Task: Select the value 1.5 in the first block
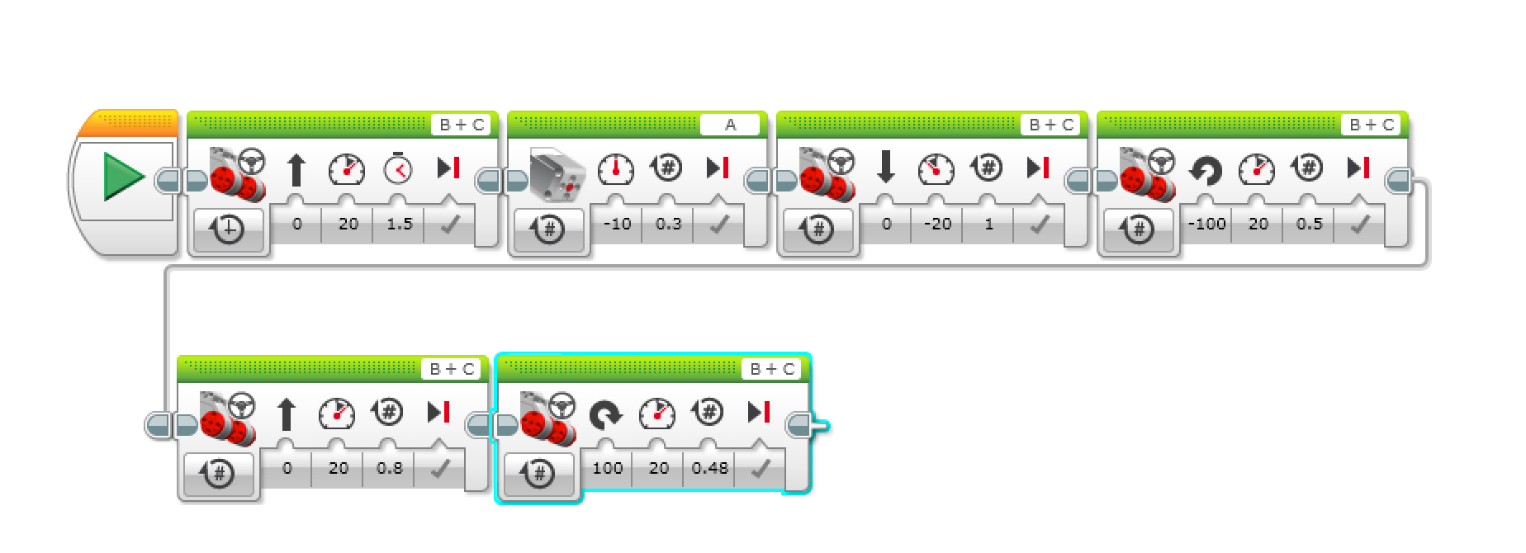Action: tap(400, 224)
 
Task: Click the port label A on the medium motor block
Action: tap(730, 125)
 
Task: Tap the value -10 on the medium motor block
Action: tap(617, 224)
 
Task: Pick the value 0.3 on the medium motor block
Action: tap(668, 224)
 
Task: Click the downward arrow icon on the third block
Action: tap(886, 168)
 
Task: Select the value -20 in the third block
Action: tap(937, 224)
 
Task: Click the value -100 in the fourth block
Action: tap(1206, 224)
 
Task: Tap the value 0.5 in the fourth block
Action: tap(1309, 224)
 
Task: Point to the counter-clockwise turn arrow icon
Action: tap(1206, 170)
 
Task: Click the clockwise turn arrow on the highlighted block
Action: tap(606, 414)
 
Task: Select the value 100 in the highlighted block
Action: tap(607, 468)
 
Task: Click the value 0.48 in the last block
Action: tap(709, 468)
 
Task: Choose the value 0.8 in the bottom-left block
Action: tap(389, 468)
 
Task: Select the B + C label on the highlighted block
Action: tap(773, 369)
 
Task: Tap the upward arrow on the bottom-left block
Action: tap(286, 414)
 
